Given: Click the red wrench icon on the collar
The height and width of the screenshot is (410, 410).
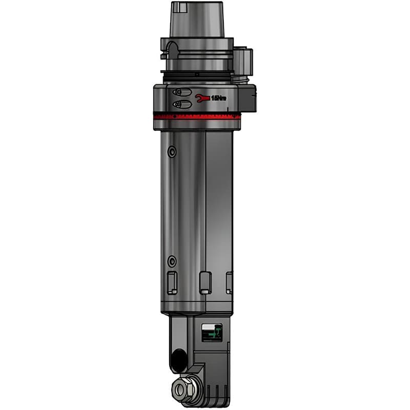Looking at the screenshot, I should click(203, 98).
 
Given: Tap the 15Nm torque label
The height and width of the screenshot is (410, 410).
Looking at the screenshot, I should click(219, 98).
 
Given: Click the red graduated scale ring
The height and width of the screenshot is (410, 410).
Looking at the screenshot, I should click(197, 116).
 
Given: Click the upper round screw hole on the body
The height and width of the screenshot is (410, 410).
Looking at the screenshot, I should click(172, 152).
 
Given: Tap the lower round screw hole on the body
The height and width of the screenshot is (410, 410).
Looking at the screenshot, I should click(172, 261).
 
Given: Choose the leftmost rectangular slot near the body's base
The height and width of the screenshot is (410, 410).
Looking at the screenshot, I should click(172, 282).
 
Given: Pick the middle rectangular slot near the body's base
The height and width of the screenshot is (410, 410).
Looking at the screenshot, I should click(205, 282).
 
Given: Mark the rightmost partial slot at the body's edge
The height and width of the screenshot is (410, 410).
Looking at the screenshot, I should click(229, 282).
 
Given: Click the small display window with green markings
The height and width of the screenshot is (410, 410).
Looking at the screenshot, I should click(212, 332).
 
